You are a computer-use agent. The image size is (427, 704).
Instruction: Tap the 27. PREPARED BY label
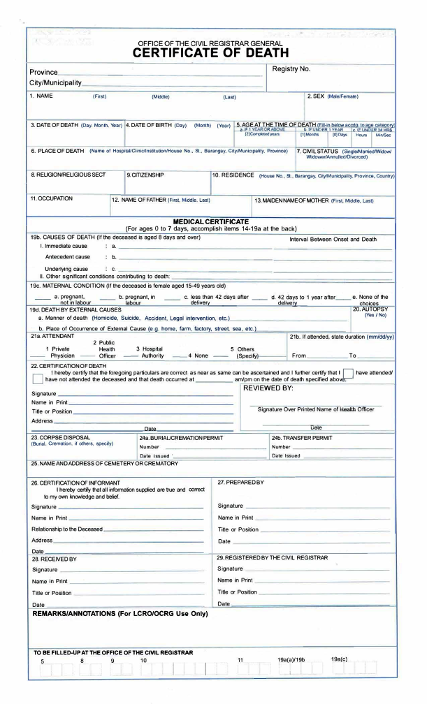242,482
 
